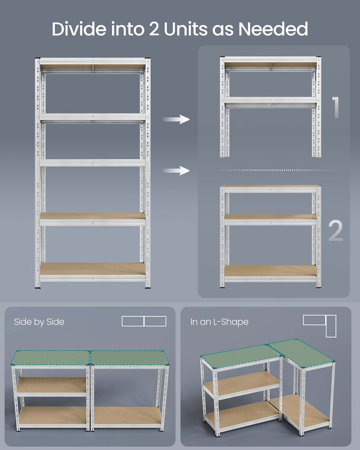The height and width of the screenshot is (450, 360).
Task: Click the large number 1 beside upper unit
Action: [x=335, y=107]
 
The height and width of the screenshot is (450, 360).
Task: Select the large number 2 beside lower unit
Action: [x=335, y=231]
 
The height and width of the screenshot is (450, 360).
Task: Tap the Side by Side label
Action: [x=39, y=322]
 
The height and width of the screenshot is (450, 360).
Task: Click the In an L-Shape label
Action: [x=219, y=322]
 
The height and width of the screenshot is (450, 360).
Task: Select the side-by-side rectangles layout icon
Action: [x=144, y=321]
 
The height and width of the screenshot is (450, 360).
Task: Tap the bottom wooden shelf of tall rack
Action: [x=93, y=269]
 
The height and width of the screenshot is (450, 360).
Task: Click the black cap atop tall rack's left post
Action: [x=38, y=59]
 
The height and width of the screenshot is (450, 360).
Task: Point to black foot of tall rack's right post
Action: [x=148, y=286]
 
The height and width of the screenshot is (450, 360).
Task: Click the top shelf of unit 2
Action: [x=270, y=188]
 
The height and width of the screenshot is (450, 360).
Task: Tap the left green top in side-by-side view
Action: [x=51, y=358]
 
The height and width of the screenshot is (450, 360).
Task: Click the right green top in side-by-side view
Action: [x=129, y=358]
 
